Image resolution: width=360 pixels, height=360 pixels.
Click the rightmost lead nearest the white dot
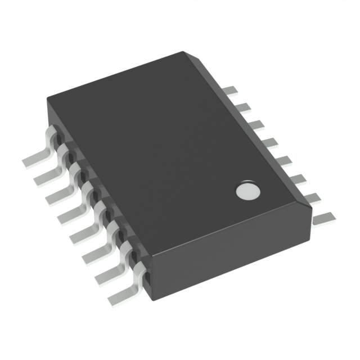[x=323, y=217]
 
